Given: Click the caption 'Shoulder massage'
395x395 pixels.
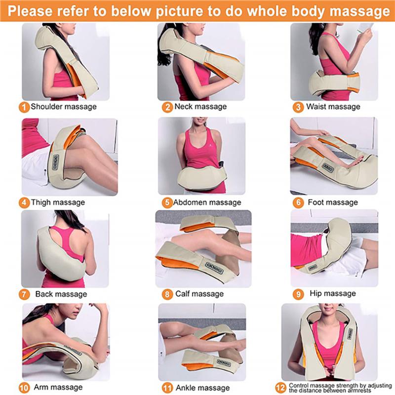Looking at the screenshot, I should point(64,107).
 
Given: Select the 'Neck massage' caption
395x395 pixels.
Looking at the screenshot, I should point(200,107).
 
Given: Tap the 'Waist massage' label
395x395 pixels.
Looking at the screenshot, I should point(333,107).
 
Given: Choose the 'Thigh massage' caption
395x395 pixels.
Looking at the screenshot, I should point(58,202).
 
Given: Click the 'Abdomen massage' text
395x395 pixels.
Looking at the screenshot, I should point(207,202).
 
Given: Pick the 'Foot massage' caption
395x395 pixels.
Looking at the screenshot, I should point(332,202).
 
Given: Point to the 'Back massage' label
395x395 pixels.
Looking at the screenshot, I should point(61,294).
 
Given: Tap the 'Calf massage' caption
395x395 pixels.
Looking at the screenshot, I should point(200,294).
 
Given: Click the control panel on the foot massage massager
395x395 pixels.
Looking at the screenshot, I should point(328,167).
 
